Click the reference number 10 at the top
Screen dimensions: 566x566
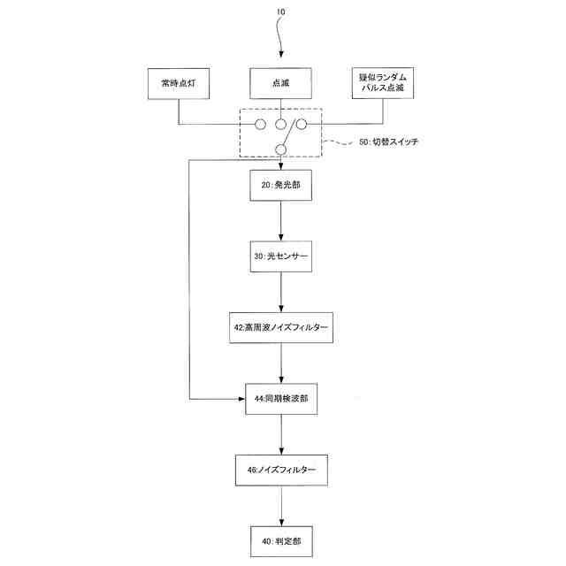(x=281, y=12)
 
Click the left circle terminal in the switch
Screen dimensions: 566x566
(x=261, y=124)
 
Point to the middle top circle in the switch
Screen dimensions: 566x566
(x=281, y=124)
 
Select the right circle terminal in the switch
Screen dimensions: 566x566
(x=301, y=124)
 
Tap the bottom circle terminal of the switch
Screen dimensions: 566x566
(x=281, y=148)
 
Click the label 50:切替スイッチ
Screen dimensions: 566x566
(x=388, y=142)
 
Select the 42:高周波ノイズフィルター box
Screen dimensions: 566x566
(x=281, y=327)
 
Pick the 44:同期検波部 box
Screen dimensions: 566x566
(x=281, y=399)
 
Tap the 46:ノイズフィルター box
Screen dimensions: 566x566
(x=281, y=469)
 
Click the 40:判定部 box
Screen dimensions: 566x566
(x=281, y=539)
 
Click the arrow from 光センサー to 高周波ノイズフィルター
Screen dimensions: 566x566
(x=281, y=292)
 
